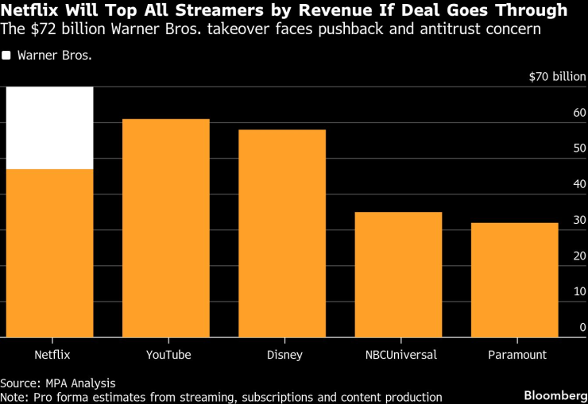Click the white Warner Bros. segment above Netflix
click(49, 128)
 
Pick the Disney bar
click(282, 233)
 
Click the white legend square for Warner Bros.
click(6, 56)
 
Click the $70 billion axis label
click(557, 77)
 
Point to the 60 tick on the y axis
click(579, 113)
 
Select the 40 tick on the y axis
click(579, 184)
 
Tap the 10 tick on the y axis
click(579, 291)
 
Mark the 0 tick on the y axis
click(582, 327)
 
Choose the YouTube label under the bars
click(168, 354)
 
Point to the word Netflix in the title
click(27, 10)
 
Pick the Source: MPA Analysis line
click(58, 382)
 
